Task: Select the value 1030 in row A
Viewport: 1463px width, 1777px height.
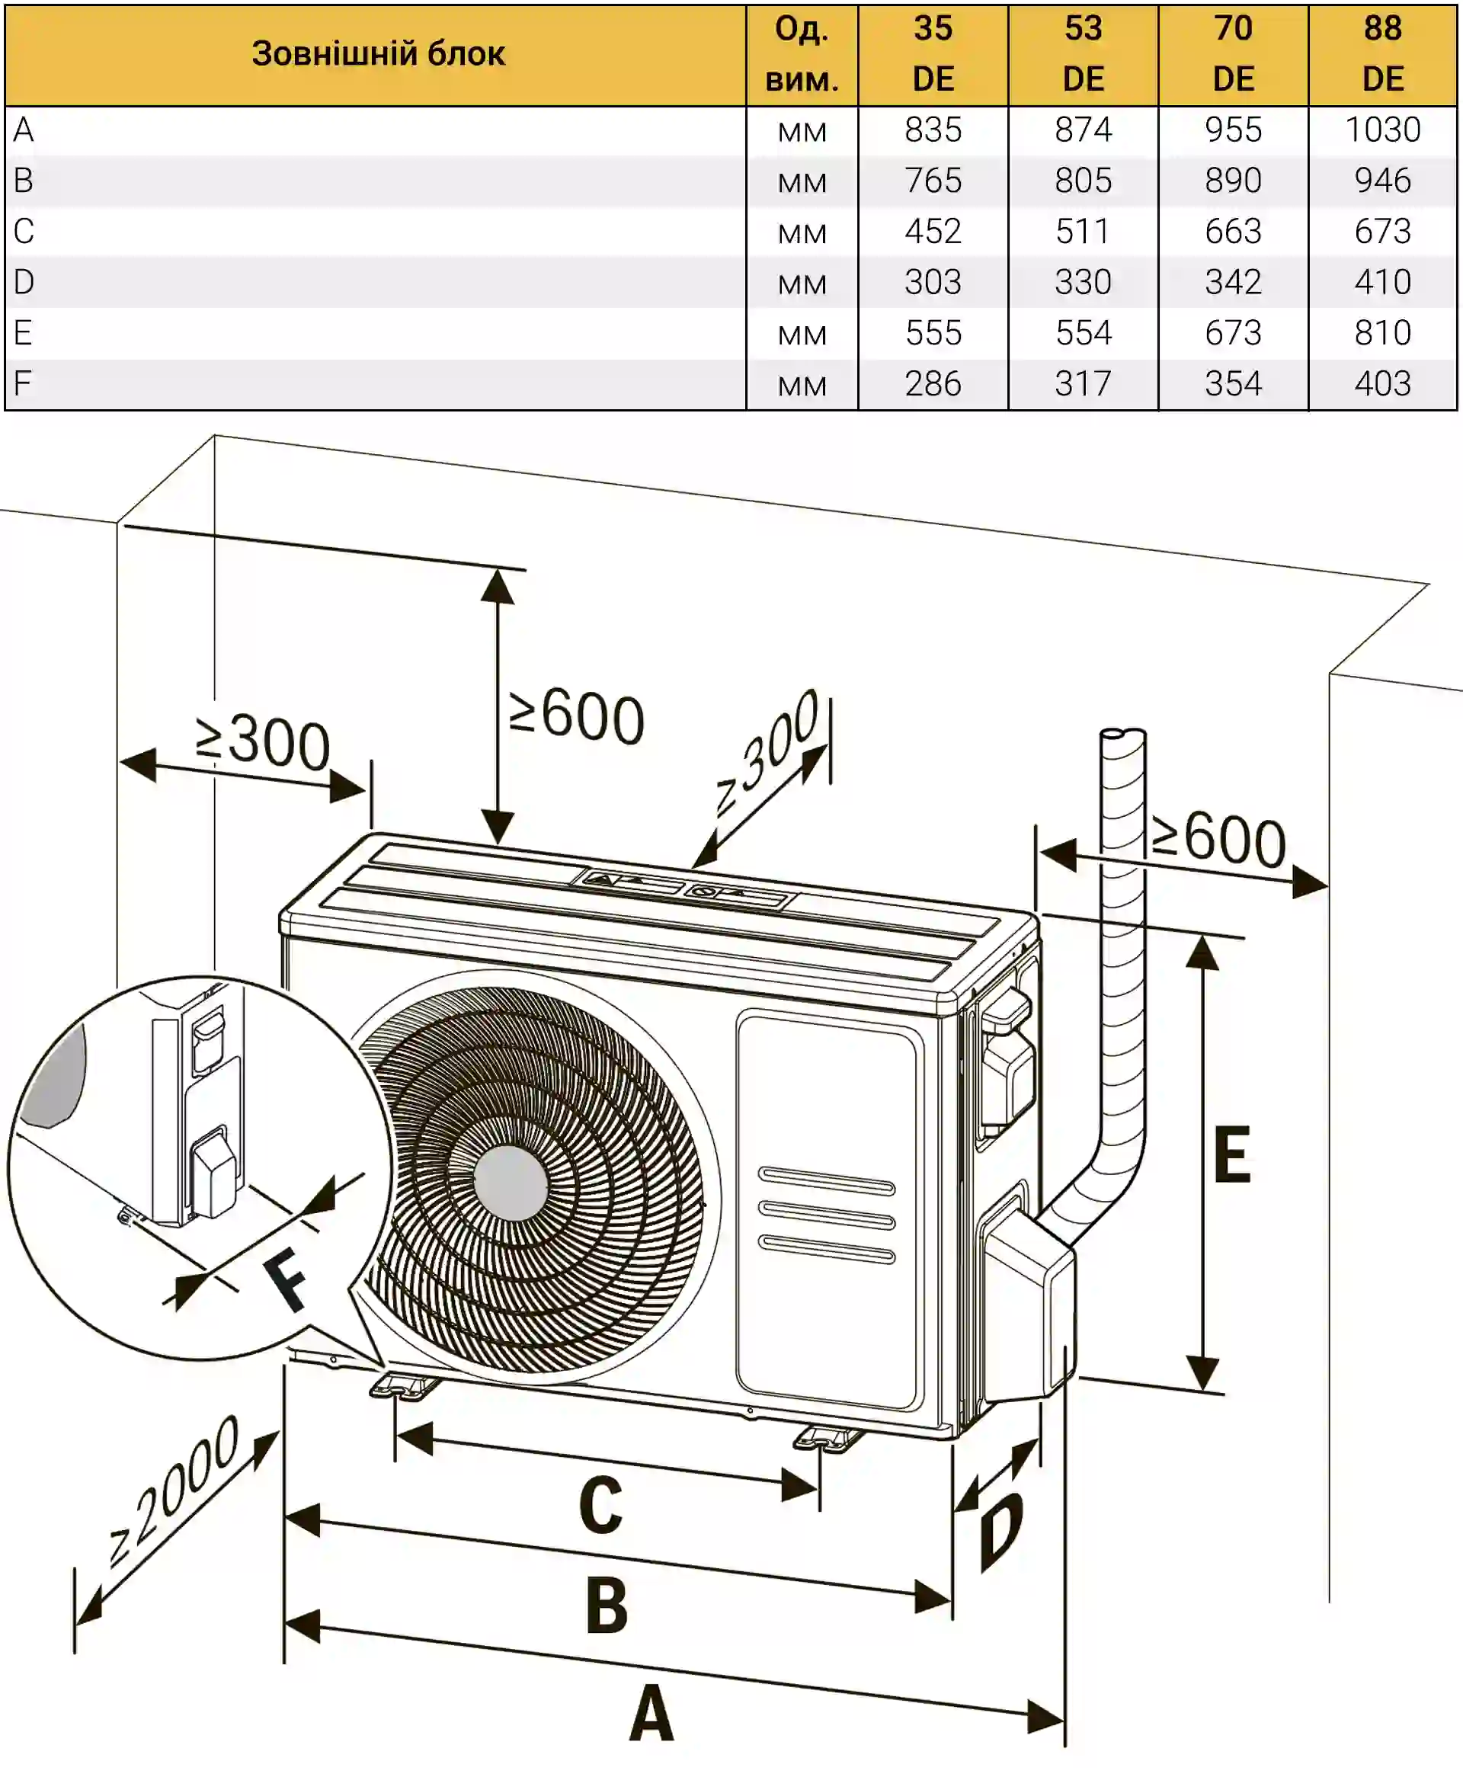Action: (x=1382, y=130)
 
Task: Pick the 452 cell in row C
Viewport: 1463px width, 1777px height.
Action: (x=933, y=231)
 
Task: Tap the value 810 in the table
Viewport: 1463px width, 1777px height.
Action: (x=1382, y=333)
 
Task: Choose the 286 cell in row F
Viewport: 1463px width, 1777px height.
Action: (x=933, y=384)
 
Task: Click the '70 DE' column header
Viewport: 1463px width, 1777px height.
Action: (x=1233, y=54)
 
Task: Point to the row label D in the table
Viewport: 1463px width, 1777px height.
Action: (x=24, y=281)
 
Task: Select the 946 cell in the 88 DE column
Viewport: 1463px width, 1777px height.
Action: (x=1382, y=181)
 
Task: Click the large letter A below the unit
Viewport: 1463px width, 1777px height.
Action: (x=651, y=1714)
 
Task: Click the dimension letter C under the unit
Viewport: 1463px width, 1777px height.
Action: (x=601, y=1506)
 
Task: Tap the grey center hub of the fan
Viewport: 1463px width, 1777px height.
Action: (x=511, y=1183)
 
